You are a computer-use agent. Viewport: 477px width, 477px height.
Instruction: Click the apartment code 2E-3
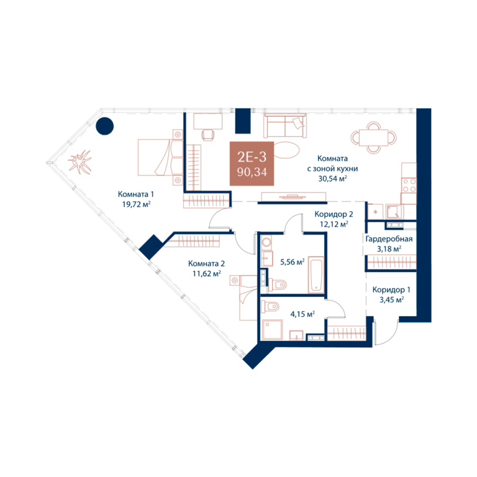coord(252,157)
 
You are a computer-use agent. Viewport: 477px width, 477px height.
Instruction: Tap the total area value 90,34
coord(252,172)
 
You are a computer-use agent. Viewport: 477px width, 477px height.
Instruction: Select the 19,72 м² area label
coord(136,204)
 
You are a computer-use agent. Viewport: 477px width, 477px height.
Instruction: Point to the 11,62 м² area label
coord(206,274)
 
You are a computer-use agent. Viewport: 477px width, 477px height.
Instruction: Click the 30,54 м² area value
coord(332,179)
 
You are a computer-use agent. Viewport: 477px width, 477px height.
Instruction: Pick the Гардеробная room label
coord(389,239)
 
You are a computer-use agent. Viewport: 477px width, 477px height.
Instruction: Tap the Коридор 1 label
coord(391,289)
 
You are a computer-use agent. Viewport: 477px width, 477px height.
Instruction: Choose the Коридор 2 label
coord(334,214)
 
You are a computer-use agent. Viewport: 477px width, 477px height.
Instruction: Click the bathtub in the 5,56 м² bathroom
coord(316,275)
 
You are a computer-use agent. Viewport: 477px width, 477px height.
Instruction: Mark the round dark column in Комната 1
coord(104,126)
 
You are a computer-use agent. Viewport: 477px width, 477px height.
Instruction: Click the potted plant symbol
coord(79,162)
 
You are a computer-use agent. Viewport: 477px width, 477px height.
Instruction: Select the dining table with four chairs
coord(373,137)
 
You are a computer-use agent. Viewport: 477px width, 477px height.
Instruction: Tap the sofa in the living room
coord(285,125)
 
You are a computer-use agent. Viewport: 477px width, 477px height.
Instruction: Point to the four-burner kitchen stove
coord(409,185)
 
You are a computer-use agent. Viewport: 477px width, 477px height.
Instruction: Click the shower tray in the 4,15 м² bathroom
coord(273,329)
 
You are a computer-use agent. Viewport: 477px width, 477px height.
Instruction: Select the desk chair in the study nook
coord(208,135)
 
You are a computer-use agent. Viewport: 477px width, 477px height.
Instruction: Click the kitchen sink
coord(394,212)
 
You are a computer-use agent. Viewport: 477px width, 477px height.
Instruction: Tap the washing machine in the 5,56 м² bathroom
coord(267,243)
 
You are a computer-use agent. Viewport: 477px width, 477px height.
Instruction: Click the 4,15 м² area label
coord(302,314)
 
